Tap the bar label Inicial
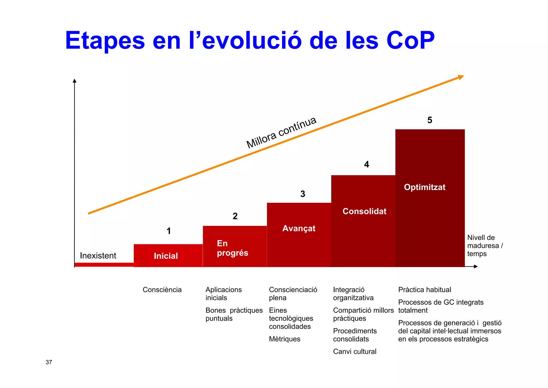166,256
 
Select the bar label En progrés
232,248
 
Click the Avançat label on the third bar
299,228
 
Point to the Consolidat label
364,211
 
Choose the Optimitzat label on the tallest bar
425,187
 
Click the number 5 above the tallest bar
430,120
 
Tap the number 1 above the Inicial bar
169,231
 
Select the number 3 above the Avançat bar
303,194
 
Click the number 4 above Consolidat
367,164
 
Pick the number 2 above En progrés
235,216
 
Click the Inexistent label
98,256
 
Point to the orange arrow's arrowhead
461,77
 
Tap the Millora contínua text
281,133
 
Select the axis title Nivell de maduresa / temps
485,245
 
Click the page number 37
49,362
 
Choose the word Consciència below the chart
162,290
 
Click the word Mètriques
284,339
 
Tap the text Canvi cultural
355,352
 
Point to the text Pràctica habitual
424,290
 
